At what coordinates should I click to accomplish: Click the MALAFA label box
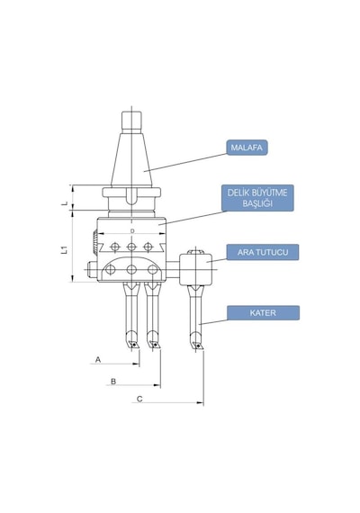247,148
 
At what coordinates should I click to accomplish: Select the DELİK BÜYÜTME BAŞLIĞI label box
257,198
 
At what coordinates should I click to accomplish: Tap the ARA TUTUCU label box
263,252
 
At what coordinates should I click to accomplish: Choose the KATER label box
263,313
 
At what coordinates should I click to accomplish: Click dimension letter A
98,360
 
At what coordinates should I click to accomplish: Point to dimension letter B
113,382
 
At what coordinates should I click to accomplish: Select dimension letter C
139,399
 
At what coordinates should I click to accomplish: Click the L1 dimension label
65,250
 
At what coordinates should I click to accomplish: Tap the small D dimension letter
132,231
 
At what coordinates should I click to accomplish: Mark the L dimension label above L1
65,203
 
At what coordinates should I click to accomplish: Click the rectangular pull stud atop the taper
132,121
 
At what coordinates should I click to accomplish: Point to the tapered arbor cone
131,159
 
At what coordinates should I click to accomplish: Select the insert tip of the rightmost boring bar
197,346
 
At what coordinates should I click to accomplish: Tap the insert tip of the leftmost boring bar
134,345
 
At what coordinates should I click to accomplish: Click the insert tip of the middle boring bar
155,345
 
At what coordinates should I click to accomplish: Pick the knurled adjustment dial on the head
94,244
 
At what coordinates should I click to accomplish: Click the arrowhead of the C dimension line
200,402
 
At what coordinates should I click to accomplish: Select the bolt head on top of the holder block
195,252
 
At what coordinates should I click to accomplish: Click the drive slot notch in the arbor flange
131,195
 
